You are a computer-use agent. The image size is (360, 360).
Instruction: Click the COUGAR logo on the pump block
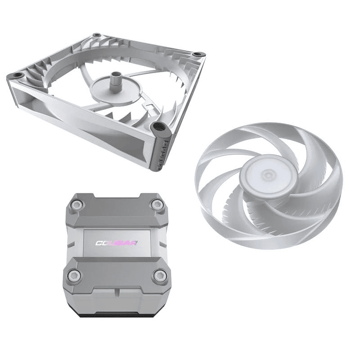tap(117, 243)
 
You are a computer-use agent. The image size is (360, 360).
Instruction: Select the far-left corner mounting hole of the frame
tap(17, 75)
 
